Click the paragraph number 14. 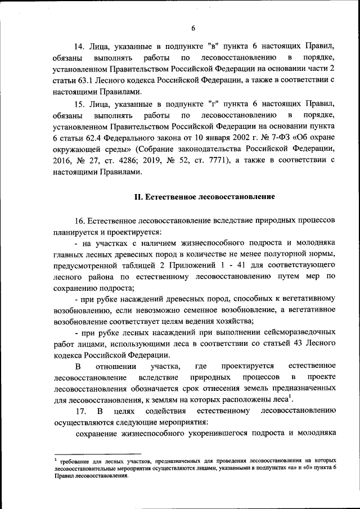click(80, 46)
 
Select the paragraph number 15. click(80, 104)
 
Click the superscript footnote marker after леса click(290, 398)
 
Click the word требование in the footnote click(75, 461)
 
